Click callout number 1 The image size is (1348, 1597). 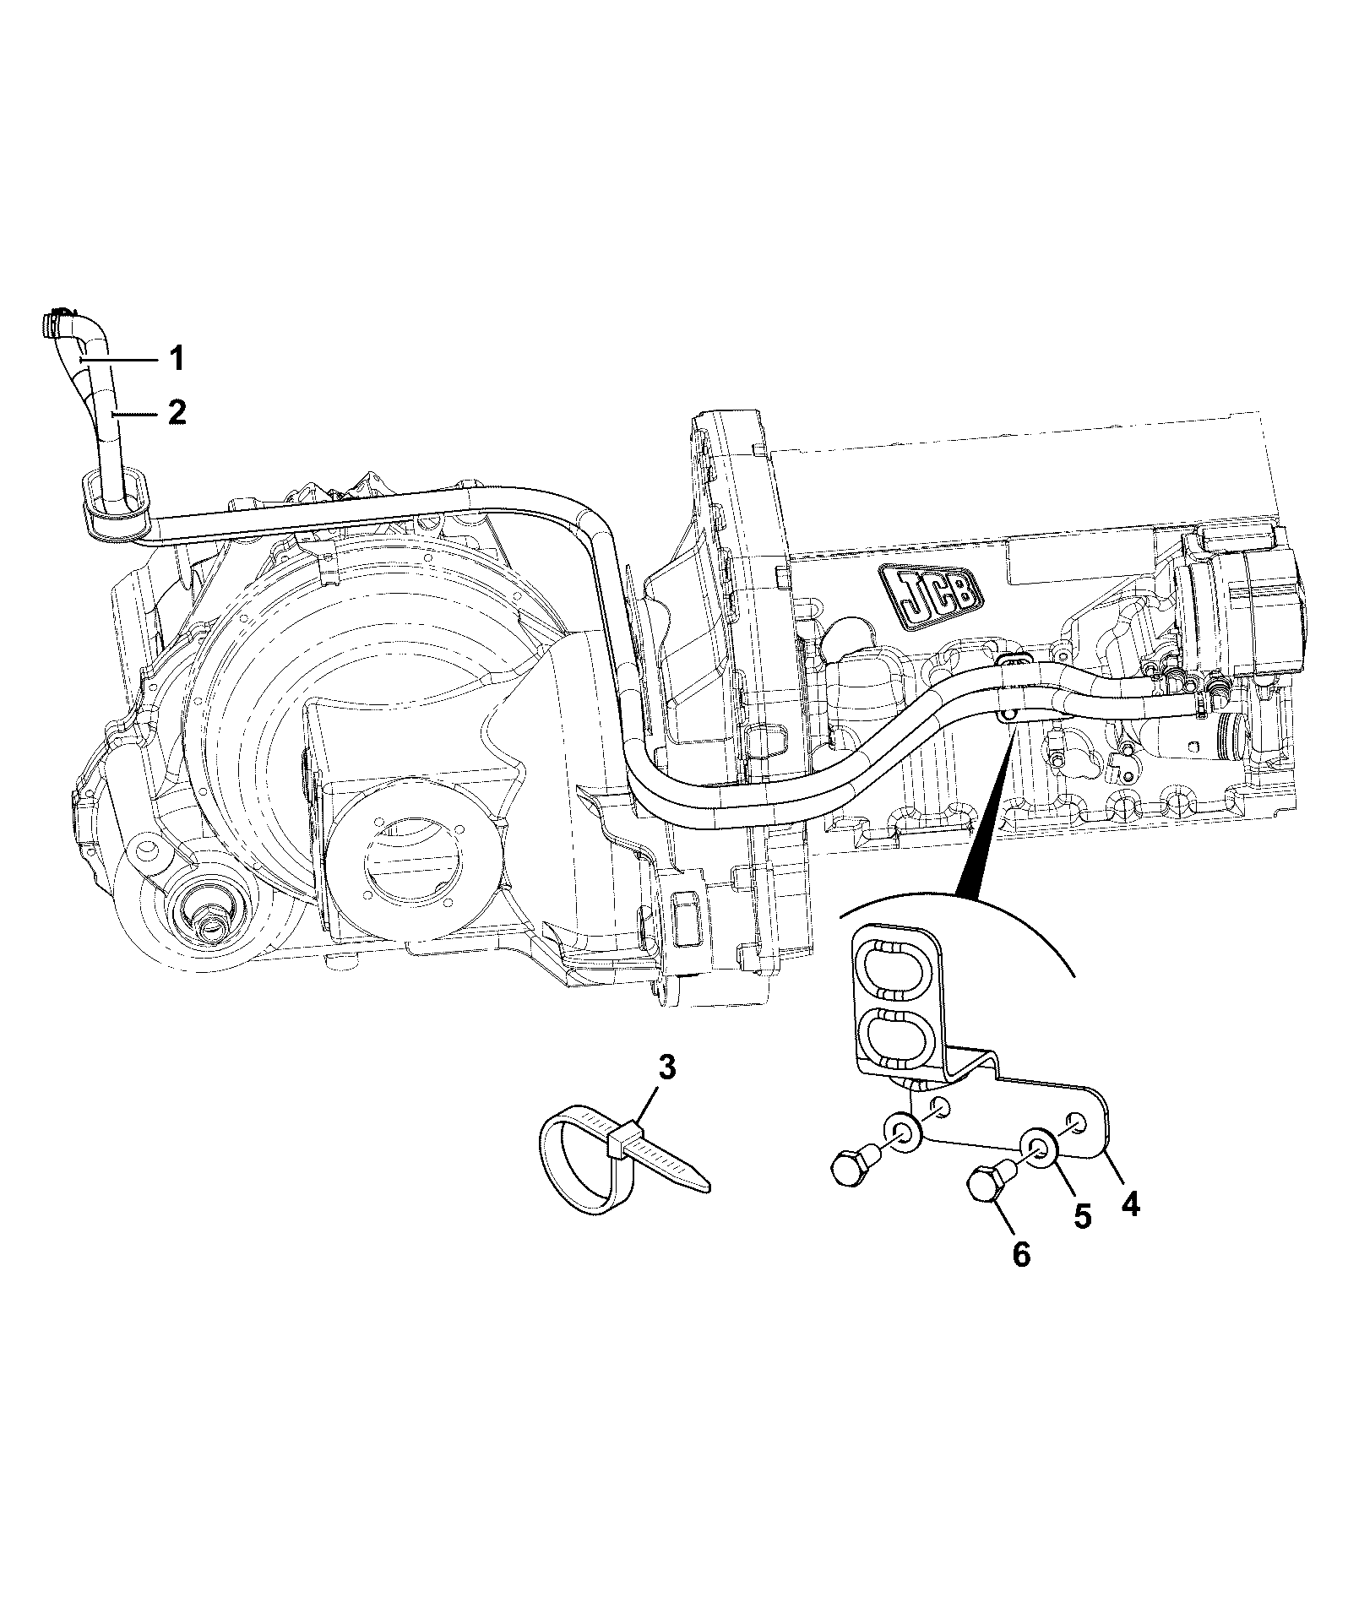[x=175, y=359]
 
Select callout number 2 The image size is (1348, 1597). [x=176, y=412]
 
